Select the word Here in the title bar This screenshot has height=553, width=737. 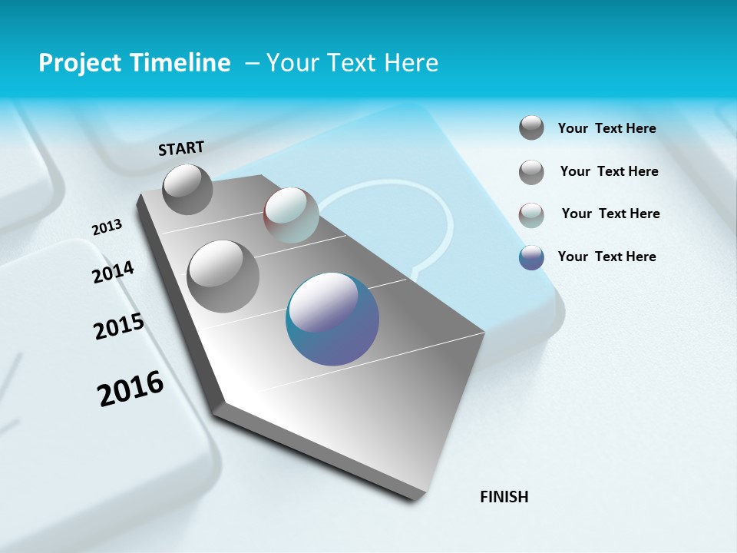tap(411, 63)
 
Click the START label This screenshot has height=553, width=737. tap(181, 148)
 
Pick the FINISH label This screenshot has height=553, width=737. tap(504, 497)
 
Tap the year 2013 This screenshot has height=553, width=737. tap(107, 227)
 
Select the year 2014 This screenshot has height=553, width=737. tap(113, 272)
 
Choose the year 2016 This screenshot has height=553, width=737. tap(131, 389)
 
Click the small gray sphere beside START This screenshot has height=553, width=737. tap(187, 189)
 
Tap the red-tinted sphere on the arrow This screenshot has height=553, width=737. tap(291, 214)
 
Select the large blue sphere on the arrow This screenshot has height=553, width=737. tap(332, 319)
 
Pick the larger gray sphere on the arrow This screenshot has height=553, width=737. tap(223, 276)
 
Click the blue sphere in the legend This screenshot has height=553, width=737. tap(531, 257)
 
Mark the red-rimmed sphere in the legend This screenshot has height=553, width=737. tap(531, 214)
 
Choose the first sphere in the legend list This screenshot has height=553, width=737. tap(531, 128)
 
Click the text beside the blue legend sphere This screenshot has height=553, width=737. tap(606, 257)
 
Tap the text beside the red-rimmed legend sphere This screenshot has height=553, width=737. tap(610, 214)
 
